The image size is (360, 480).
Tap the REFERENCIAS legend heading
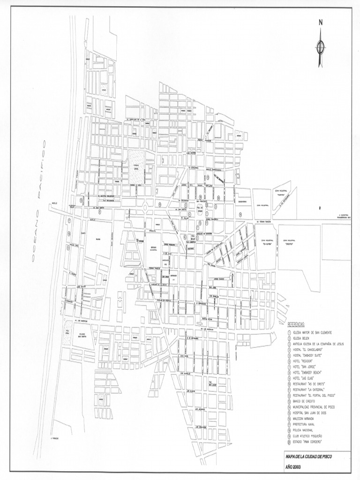click(x=296, y=324)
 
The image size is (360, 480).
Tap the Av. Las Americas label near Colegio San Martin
click(x=76, y=322)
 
